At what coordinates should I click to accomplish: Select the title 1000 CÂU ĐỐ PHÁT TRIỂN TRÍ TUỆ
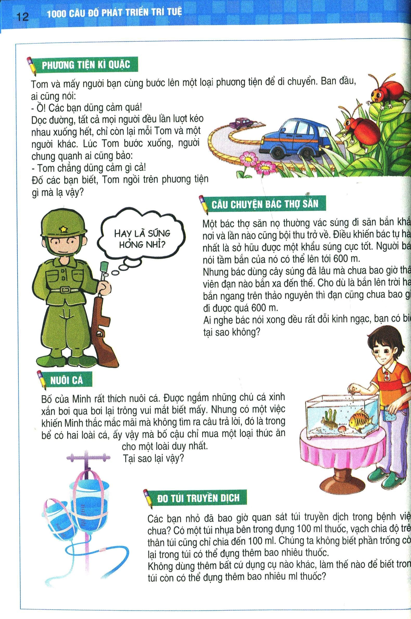click(x=115, y=14)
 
